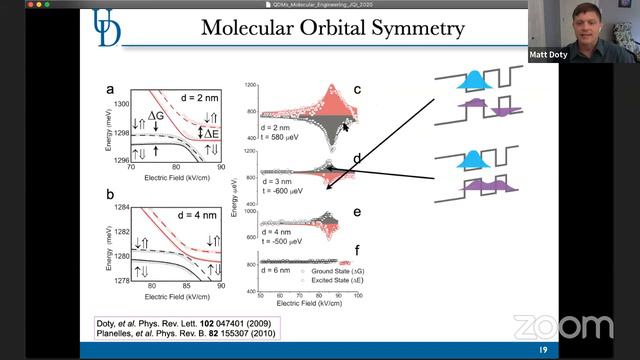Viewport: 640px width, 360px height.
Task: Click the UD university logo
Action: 107,27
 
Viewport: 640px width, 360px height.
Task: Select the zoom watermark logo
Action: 562,327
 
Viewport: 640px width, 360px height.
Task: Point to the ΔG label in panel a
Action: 156,117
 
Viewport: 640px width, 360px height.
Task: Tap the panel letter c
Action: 356,91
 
